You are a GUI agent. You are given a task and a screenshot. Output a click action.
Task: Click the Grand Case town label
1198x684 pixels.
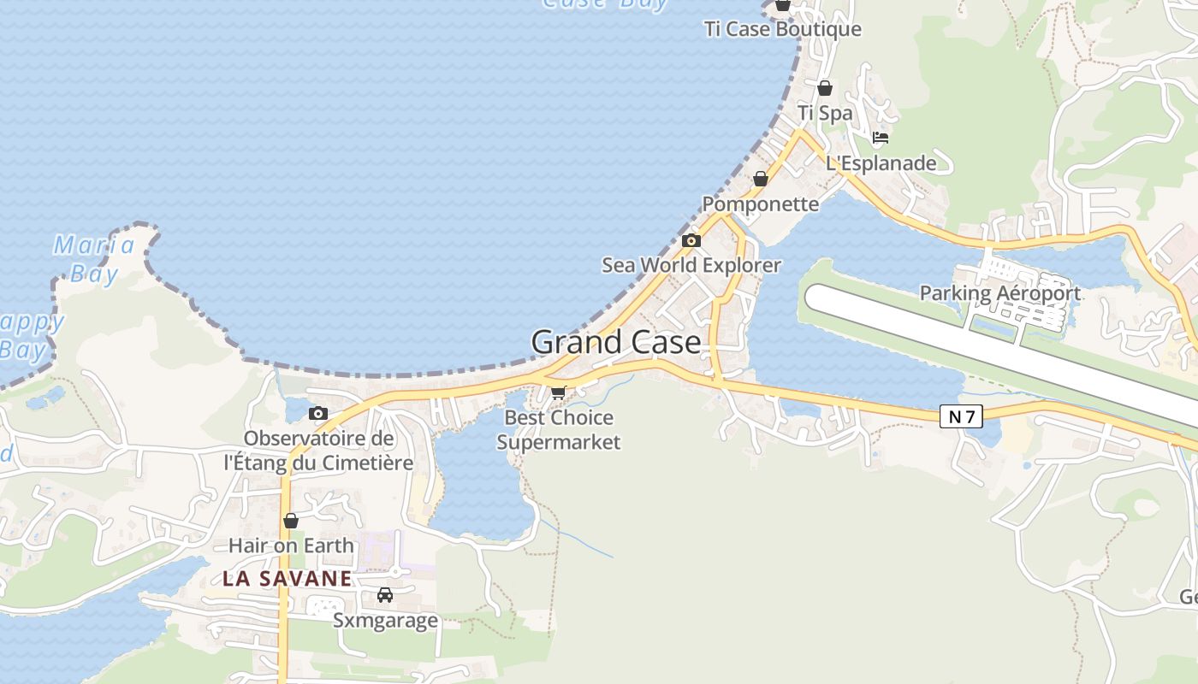[616, 342]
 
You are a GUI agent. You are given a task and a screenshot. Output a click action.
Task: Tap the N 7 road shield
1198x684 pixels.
[962, 416]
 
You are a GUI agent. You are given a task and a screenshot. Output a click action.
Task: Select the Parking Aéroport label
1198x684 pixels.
[999, 293]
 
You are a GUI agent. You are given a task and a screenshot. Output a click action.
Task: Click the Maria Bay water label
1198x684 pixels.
[93, 259]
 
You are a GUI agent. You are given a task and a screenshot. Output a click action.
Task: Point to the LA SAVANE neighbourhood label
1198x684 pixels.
[287, 579]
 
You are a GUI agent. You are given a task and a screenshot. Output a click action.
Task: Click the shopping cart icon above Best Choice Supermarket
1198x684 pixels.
[559, 392]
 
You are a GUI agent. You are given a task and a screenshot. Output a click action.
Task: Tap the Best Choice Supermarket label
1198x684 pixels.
[559, 430]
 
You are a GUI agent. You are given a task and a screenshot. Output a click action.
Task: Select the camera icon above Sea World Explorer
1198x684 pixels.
[691, 240]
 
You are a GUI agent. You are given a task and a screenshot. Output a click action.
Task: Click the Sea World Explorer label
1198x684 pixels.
[691, 265]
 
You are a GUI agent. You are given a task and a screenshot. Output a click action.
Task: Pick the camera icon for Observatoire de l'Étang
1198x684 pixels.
[318, 414]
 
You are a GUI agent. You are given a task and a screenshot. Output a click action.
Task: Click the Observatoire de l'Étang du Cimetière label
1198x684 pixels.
[318, 451]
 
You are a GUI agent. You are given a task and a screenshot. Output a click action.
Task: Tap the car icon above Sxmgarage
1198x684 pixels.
[385, 595]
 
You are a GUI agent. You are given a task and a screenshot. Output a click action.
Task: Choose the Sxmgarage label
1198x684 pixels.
[385, 620]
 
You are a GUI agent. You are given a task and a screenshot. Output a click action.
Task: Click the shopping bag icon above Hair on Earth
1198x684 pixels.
[291, 520]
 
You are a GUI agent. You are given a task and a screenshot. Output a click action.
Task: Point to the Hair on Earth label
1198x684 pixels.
[291, 545]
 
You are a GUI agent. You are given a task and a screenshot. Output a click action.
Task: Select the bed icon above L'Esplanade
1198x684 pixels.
[881, 138]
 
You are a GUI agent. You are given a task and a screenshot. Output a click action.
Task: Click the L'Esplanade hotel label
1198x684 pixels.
[881, 162]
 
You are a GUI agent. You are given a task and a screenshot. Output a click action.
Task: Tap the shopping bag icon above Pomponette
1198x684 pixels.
[760, 179]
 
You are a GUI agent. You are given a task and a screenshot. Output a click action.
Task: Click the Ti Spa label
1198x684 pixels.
[825, 113]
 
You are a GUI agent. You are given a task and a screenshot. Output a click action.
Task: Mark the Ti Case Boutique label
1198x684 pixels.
[782, 29]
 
